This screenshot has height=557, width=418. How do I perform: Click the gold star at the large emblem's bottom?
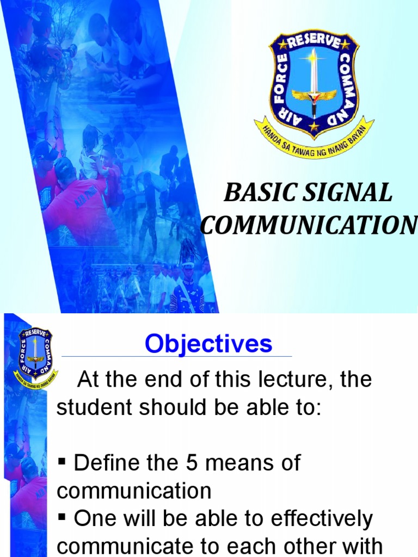tap(314, 127)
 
